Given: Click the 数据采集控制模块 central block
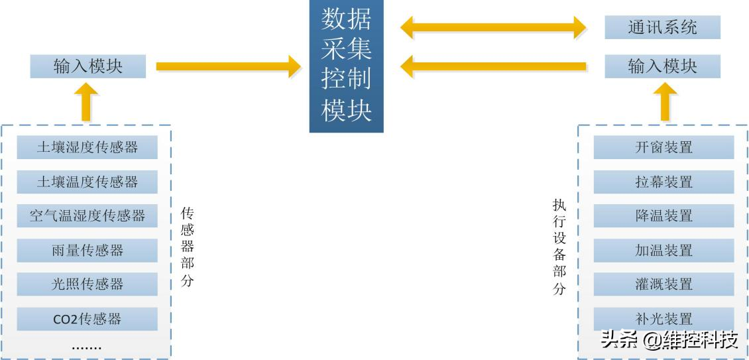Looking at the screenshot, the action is pos(346,66).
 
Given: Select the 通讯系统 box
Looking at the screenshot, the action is pos(662,28).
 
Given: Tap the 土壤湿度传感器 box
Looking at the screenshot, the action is pos(87,147).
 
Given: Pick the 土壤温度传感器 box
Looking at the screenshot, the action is pos(87,181).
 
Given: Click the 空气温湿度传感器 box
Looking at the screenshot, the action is pos(87,215).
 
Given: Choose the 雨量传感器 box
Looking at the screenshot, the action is pos(87,250).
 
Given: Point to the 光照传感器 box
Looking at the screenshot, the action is pos(87,284).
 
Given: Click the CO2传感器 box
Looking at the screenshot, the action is pos(87,319).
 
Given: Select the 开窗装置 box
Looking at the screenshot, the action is pos(663,147).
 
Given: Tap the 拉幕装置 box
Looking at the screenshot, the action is pos(663,181).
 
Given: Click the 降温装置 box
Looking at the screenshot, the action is pos(663,215).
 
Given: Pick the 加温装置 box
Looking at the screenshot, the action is pos(663,250).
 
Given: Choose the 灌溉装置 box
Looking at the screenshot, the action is pos(663,284).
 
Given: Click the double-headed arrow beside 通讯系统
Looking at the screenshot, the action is pos(493,28).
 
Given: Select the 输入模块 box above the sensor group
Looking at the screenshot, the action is pos(88,66).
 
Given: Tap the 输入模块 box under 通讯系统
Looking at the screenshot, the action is pos(662,66).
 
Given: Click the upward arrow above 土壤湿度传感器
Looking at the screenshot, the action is pos(86,102).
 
